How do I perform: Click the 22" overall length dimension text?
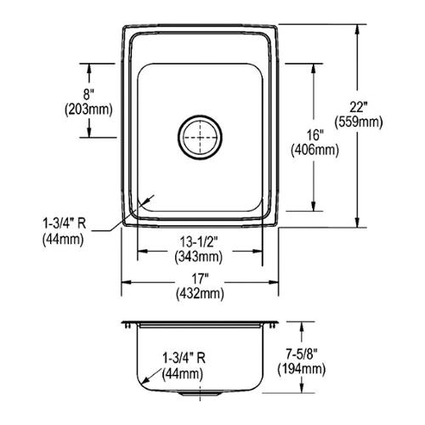tap(358, 108)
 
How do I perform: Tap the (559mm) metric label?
tap(359, 122)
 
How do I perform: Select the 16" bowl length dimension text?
tap(314, 135)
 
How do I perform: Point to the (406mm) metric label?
tap(314, 150)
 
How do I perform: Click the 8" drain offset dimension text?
tap(88, 94)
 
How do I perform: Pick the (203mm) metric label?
tap(88, 109)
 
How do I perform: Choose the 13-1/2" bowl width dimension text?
tap(199, 242)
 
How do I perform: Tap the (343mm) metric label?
tap(199, 257)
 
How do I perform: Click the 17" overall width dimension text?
tap(200, 279)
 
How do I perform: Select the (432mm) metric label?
tap(200, 293)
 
